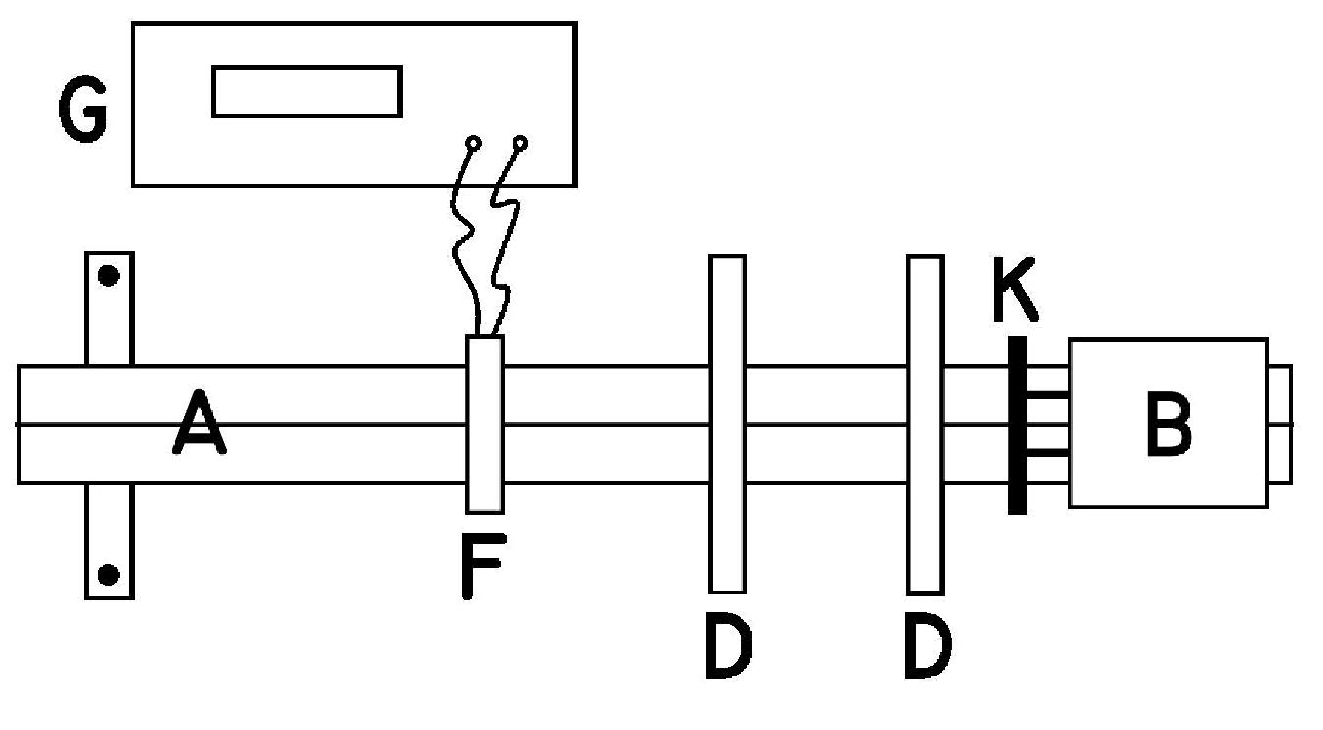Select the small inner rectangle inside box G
pyautogui.click(x=307, y=92)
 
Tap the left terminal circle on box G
pyautogui.click(x=474, y=142)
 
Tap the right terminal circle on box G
pyautogui.click(x=520, y=142)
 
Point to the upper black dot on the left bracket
pyautogui.click(x=109, y=276)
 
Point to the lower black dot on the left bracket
pyautogui.click(x=109, y=575)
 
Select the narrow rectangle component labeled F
pyautogui.click(x=485, y=424)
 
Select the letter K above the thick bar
pyautogui.click(x=1014, y=290)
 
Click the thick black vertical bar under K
pyautogui.click(x=1017, y=424)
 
